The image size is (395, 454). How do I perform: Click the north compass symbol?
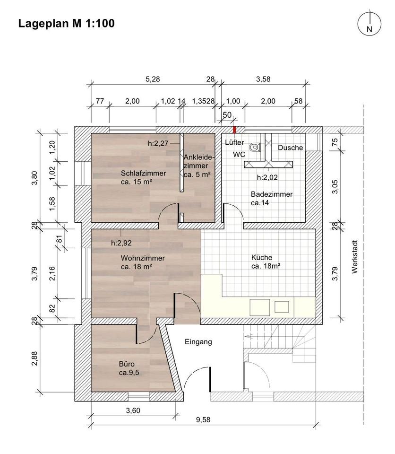(369, 24)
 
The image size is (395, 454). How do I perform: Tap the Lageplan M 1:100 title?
(67, 24)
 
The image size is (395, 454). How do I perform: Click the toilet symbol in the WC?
(255, 147)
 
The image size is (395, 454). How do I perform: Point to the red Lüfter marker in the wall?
(235, 130)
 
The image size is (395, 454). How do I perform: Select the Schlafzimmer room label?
(143, 177)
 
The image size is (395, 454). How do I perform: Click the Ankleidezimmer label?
(199, 166)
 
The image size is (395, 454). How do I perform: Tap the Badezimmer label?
(271, 198)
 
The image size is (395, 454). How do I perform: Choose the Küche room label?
(266, 262)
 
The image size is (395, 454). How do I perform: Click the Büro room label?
(129, 368)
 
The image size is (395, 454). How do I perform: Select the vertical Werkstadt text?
(355, 257)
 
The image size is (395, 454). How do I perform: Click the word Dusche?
(290, 148)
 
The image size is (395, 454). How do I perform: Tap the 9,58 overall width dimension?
(203, 419)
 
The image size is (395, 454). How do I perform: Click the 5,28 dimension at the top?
(153, 79)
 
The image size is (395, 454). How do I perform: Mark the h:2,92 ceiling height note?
(121, 243)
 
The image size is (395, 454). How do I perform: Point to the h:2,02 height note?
(267, 177)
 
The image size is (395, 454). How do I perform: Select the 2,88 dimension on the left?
(34, 358)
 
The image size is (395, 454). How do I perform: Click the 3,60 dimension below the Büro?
(133, 410)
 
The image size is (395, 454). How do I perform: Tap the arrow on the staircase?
(249, 336)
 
